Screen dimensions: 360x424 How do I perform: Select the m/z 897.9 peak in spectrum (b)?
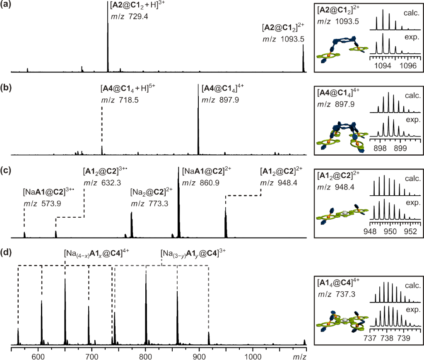(x=198, y=124)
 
